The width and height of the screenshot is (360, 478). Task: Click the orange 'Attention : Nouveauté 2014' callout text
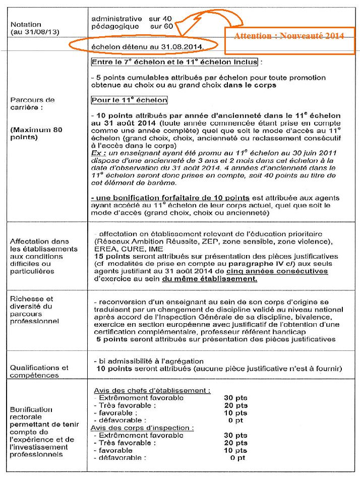(x=289, y=36)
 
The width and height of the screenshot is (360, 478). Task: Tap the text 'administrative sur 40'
(x=131, y=19)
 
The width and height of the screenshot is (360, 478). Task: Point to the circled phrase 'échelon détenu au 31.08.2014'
(x=147, y=47)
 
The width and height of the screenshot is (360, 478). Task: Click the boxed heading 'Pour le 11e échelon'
(x=130, y=100)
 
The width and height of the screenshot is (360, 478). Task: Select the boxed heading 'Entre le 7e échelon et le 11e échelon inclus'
(x=174, y=62)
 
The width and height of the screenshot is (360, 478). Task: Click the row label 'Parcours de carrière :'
(x=32, y=103)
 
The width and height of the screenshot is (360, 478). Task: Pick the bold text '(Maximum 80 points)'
(x=36, y=134)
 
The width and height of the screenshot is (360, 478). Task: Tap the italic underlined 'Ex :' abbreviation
(x=99, y=152)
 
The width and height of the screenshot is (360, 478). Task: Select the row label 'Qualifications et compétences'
(x=39, y=371)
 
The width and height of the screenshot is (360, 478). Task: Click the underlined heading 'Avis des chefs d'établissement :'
(x=152, y=391)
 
